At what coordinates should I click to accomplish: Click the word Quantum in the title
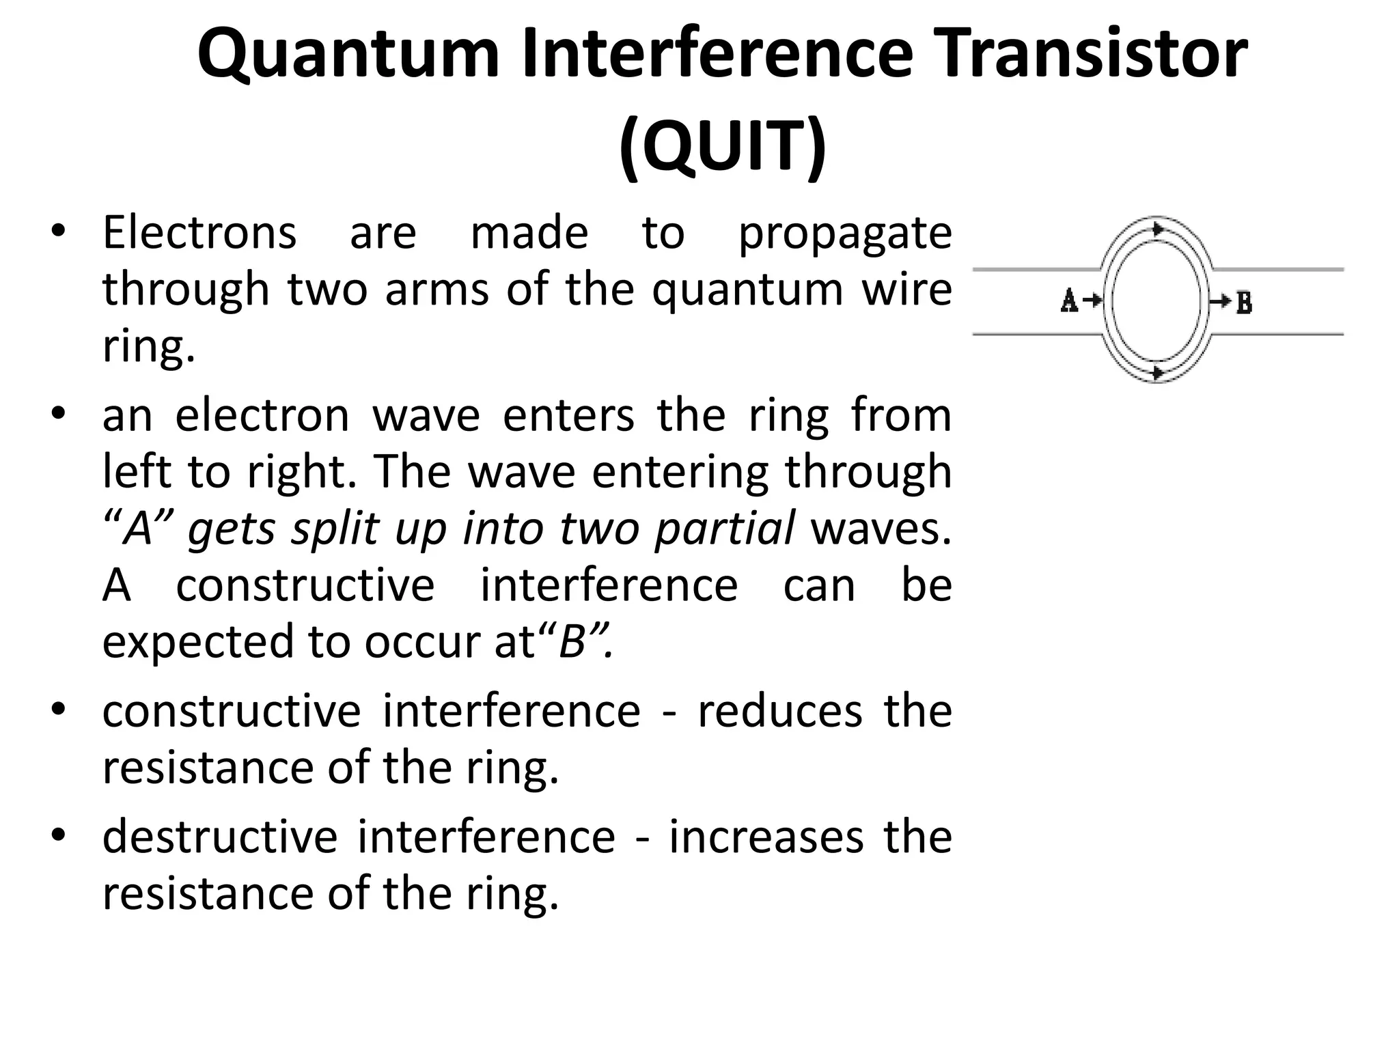click(348, 55)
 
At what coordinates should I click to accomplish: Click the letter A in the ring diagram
click(1069, 300)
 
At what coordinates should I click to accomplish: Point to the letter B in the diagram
click(1244, 302)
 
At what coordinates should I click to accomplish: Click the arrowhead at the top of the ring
click(1157, 229)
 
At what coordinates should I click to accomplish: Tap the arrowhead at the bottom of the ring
click(1157, 373)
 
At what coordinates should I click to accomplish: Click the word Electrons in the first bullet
click(199, 233)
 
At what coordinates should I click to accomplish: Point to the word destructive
click(220, 837)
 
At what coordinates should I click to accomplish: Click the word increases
click(766, 837)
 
